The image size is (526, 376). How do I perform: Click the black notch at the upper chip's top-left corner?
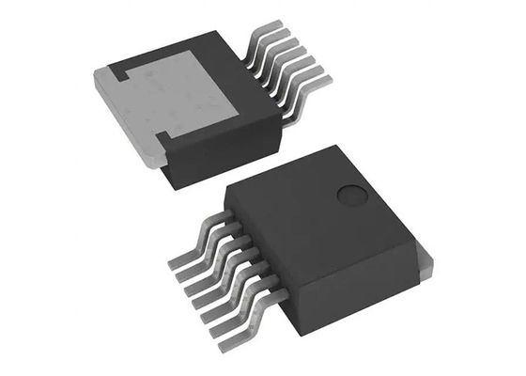120,70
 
